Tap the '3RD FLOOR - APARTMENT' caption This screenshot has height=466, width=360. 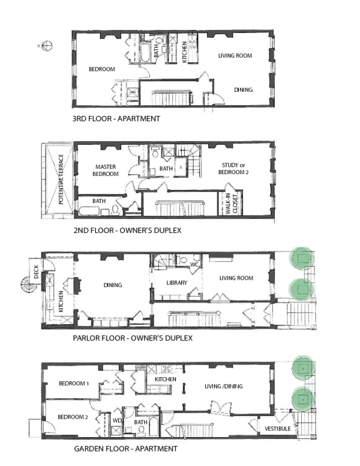pyautogui.click(x=116, y=118)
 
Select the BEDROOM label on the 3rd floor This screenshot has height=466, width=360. pyautogui.click(x=101, y=69)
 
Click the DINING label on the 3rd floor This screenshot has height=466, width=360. pyautogui.click(x=243, y=90)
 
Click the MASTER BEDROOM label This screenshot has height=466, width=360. pyautogui.click(x=109, y=171)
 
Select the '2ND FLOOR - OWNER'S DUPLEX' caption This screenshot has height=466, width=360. pyautogui.click(x=127, y=230)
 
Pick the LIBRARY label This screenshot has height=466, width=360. pyautogui.click(x=176, y=283)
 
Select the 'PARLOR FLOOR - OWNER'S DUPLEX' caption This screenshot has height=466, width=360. pyautogui.click(x=132, y=338)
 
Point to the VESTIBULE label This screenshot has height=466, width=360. pyautogui.click(x=278, y=428)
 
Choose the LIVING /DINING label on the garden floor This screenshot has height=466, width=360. pyautogui.click(x=223, y=386)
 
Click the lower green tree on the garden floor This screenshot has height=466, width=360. pyautogui.click(x=302, y=398)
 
